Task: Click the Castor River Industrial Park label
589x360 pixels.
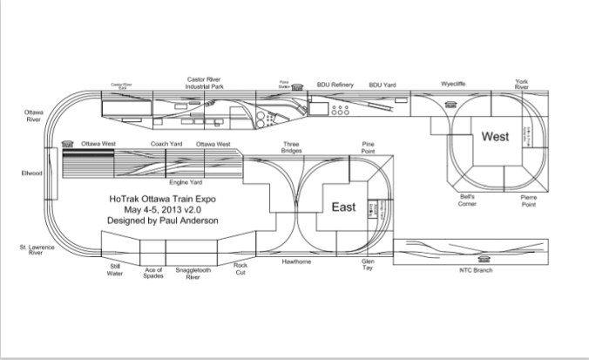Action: click(x=208, y=82)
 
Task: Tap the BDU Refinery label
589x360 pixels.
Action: click(x=334, y=85)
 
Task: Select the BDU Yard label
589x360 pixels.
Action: click(x=383, y=85)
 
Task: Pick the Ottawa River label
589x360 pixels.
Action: click(x=37, y=116)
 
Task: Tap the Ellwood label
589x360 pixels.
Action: click(x=31, y=173)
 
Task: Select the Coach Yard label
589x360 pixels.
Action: click(x=165, y=143)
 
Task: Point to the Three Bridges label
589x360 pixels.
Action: click(x=291, y=146)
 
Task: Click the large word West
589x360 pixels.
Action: click(x=494, y=137)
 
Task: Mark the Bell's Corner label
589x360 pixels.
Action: click(x=467, y=200)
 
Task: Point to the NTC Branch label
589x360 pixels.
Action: click(x=477, y=271)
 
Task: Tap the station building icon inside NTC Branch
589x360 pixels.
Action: click(x=484, y=258)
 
